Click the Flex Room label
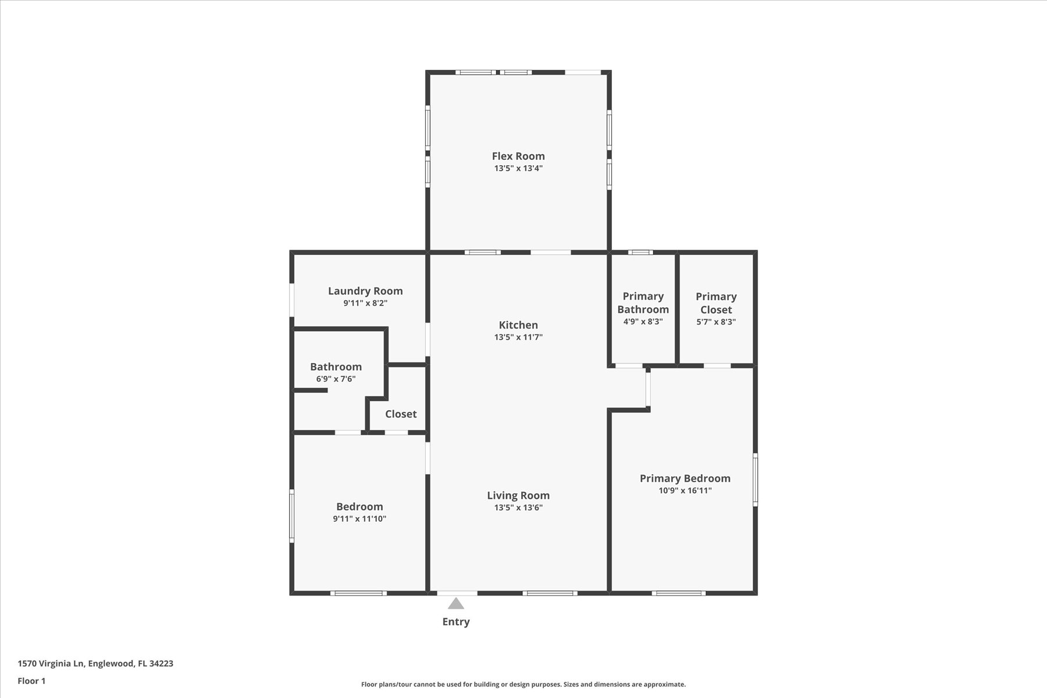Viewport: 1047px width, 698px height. tap(518, 156)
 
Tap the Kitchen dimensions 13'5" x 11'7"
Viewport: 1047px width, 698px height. tap(518, 337)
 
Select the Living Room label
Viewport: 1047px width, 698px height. tap(518, 496)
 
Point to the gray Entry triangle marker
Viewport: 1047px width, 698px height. tap(456, 604)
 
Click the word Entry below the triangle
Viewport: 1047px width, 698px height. tap(456, 622)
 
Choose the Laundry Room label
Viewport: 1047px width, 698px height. tap(365, 291)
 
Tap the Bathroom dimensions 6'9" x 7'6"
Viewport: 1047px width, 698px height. tap(336, 379)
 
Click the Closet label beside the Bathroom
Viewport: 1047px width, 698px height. tap(401, 414)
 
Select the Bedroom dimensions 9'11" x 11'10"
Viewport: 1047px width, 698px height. tap(359, 519)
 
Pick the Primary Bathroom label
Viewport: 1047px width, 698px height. tap(643, 303)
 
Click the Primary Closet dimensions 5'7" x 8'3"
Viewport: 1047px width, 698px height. tap(716, 322)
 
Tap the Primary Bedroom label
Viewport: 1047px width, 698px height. tap(685, 479)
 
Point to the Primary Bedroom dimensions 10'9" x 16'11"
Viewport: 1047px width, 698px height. tap(685, 490)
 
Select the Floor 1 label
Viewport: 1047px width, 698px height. tap(31, 681)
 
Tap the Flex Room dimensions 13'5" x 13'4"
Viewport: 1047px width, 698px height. tap(518, 169)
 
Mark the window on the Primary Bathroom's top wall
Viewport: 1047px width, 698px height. tap(640, 252)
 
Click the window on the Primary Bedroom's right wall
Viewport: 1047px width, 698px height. tap(756, 479)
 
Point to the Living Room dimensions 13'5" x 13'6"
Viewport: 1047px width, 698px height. tap(518, 508)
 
